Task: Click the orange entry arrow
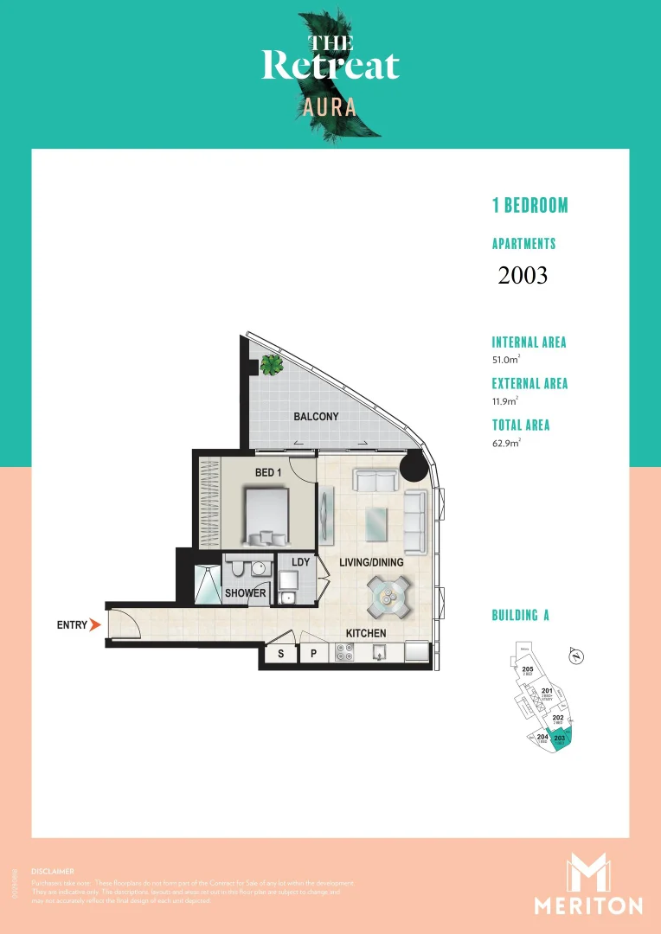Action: click(95, 624)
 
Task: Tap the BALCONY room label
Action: click(316, 417)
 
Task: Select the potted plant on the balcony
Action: click(271, 365)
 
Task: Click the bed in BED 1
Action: click(266, 515)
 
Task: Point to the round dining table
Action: click(388, 597)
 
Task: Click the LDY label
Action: click(300, 562)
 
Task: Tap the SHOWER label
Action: click(246, 593)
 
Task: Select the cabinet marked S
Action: click(280, 655)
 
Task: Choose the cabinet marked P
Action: click(313, 655)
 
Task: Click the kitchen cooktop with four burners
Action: click(343, 656)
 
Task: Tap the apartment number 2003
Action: click(523, 275)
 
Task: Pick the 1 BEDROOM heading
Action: click(530, 206)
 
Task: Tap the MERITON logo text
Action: click(588, 905)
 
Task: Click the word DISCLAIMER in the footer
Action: click(52, 871)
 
